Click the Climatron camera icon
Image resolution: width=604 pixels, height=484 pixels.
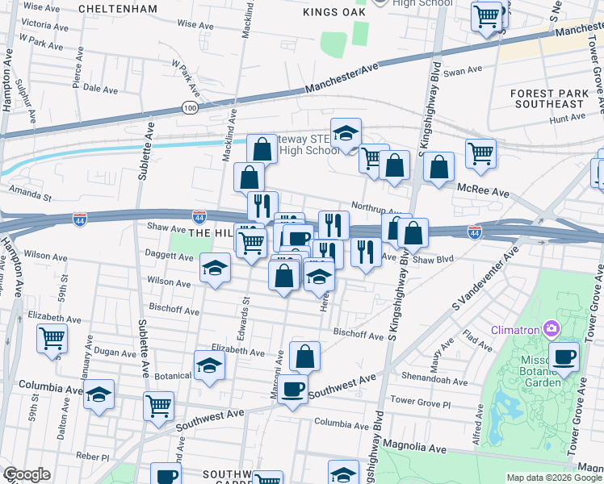click(552, 328)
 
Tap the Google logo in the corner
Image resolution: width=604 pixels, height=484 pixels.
click(26, 474)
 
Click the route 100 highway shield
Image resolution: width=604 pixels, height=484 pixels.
click(190, 106)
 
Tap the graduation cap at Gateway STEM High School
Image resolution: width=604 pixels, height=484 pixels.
click(346, 134)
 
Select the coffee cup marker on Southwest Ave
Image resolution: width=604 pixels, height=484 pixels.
click(292, 390)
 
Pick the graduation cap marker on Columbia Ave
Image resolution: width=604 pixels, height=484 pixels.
click(99, 394)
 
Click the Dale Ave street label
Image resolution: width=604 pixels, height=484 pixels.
click(100, 89)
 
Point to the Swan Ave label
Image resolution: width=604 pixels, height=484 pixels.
click(462, 72)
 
